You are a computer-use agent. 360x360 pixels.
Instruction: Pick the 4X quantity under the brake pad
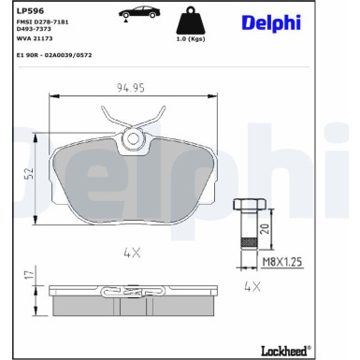click(x=130, y=251)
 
